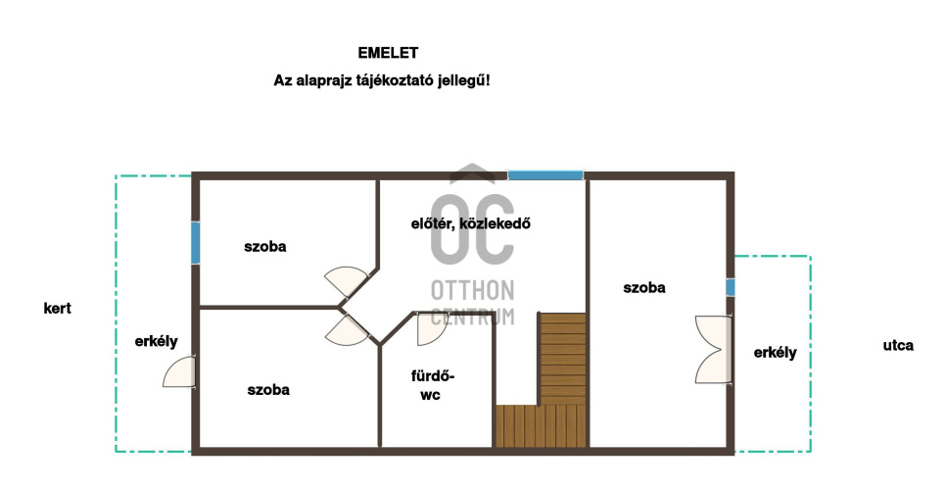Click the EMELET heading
point(388,53)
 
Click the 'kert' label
point(58,309)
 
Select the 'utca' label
point(898,346)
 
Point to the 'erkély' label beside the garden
point(157,342)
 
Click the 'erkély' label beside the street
point(776,353)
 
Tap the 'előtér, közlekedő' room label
point(471,223)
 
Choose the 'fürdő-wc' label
point(433,385)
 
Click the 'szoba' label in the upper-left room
point(265,247)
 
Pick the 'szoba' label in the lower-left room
point(268,390)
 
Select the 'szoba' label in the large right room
point(644,288)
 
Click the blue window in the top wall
point(545,175)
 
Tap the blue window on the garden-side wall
point(196,243)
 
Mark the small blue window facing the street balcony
point(730,287)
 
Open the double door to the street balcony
point(713,350)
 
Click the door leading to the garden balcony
point(179,372)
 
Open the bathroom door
point(431,329)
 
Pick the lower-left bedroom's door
point(347,330)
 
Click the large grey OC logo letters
point(472,230)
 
